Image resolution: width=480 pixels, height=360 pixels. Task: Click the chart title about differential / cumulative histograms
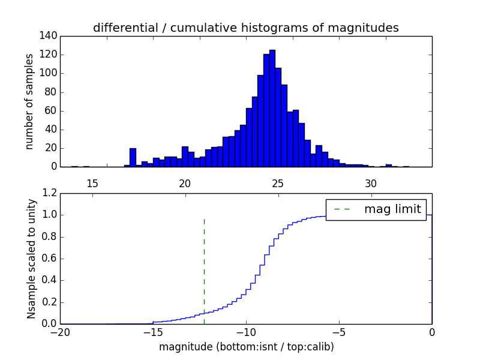pyautogui.click(x=245, y=28)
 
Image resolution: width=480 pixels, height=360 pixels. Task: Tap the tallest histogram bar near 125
pyautogui.click(x=272, y=108)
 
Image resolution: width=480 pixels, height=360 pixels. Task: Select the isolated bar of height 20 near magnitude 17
pyautogui.click(x=133, y=157)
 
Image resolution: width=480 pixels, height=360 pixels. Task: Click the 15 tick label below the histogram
pyautogui.click(x=92, y=183)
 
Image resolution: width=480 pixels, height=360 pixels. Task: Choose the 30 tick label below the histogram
pyautogui.click(x=371, y=183)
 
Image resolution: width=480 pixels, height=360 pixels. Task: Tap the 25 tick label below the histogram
pyautogui.click(x=278, y=183)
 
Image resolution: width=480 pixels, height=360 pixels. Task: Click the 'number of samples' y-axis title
pyautogui.click(x=29, y=101)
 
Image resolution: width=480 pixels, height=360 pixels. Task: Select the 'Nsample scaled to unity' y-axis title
pyautogui.click(x=31, y=259)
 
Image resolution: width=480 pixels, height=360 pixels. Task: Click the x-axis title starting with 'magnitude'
pyautogui.click(x=246, y=347)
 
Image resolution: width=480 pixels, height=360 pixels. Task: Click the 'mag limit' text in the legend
pyautogui.click(x=392, y=209)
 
